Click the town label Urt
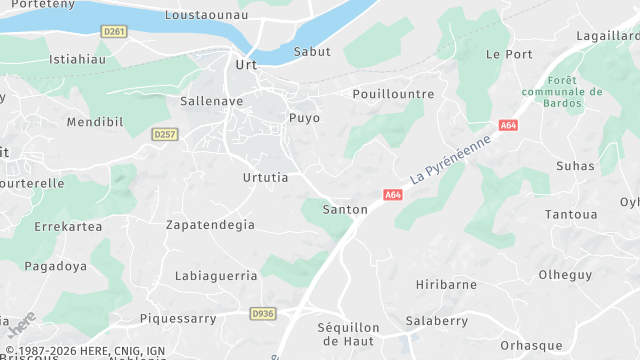[245, 65]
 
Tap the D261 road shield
[115, 32]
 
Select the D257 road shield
[165, 134]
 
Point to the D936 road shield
[263, 314]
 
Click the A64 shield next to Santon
[392, 195]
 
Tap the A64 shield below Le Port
[509, 125]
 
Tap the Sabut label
[312, 52]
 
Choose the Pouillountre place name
[394, 94]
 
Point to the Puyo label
[304, 118]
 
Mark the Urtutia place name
[265, 178]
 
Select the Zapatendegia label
[210, 225]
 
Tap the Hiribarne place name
[446, 284]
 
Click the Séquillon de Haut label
[348, 335]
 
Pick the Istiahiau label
[77, 59]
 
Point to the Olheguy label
[565, 275]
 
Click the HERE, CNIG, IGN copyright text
[85, 351]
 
